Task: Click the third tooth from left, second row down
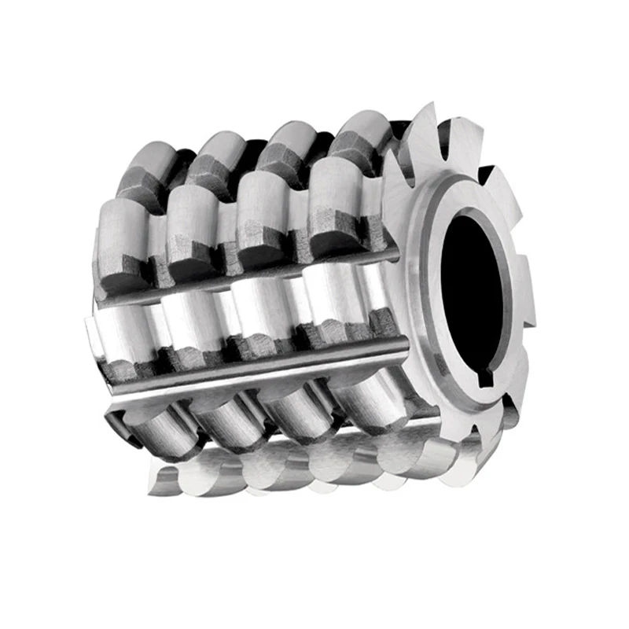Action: click(263, 208)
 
